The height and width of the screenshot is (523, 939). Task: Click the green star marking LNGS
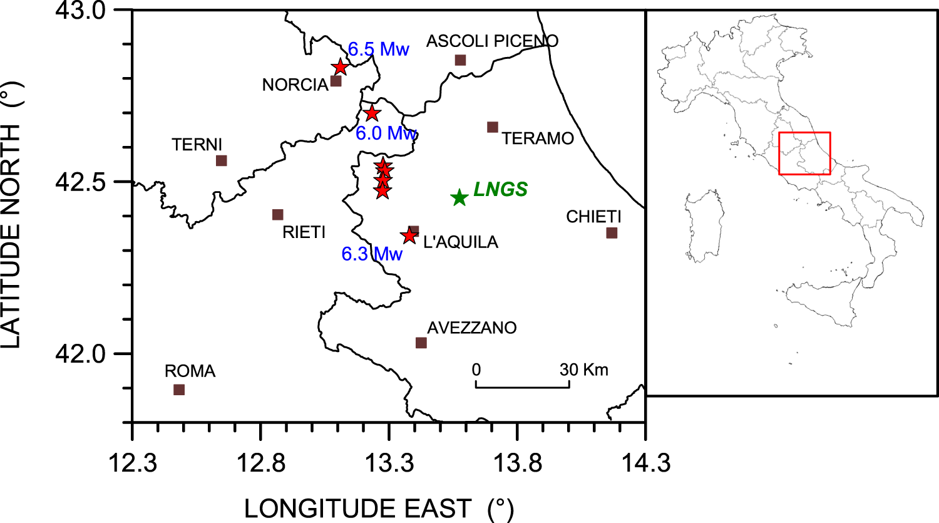pos(459,197)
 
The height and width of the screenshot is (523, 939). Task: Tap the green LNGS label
pos(500,189)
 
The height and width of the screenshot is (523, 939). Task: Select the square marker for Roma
pos(179,390)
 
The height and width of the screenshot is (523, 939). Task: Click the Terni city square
pos(221,160)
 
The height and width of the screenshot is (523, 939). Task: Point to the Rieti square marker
pos(278,215)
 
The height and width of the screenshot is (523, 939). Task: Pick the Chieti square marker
pos(612,233)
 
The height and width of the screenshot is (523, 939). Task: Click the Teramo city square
pos(493,127)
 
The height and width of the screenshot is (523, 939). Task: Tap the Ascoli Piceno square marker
pos(460,60)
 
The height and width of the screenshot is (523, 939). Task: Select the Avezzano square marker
pos(421,343)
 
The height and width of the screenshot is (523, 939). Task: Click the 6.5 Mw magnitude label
pos(378,49)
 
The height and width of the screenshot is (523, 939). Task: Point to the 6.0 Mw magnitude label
pos(386,133)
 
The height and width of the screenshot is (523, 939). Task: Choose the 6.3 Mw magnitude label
pos(372,254)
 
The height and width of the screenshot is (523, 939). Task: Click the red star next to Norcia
pos(340,67)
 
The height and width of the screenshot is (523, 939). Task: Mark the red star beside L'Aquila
pos(409,236)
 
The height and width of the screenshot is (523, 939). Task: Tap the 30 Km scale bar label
pos(583,370)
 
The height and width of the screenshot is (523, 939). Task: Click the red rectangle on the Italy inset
pos(804,153)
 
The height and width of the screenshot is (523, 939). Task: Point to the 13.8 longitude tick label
pos(517,464)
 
